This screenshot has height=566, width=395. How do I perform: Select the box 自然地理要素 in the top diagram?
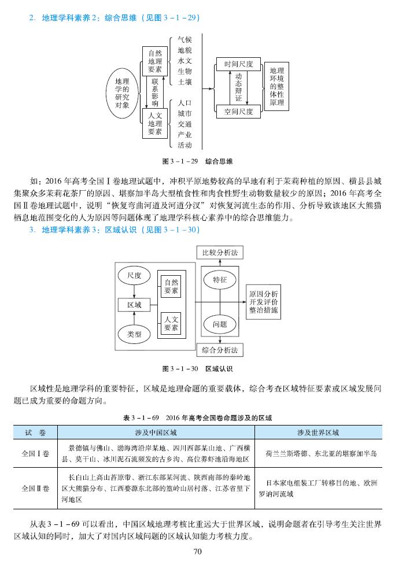pos(154,61)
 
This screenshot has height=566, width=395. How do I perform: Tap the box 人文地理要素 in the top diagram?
pos(154,123)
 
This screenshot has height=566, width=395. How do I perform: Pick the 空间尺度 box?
pos(239,112)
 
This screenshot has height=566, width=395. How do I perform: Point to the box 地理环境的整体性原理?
pos(277,86)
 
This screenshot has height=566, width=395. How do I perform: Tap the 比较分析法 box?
pos(220,253)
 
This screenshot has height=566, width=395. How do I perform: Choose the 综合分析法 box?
pos(220,350)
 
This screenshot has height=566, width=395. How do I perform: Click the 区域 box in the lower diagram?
pos(134,304)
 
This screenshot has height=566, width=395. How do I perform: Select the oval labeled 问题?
pos(219,324)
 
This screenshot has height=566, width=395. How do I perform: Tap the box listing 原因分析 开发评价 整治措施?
pos(264,302)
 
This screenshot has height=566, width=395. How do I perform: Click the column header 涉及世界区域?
pos(318,432)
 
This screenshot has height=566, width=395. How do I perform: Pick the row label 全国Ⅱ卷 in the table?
pos(35,489)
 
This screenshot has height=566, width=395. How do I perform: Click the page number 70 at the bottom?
pos(197,552)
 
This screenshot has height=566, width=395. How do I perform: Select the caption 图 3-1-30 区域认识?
pos(197,368)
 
